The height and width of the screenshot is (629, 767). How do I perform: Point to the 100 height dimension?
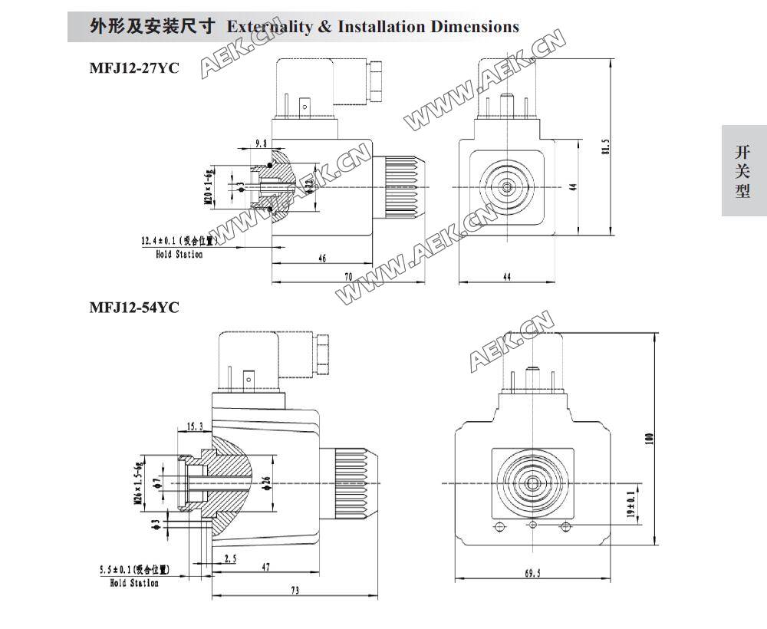click(x=650, y=439)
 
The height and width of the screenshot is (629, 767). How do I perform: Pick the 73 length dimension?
click(x=295, y=590)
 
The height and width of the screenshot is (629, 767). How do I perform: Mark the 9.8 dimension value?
click(x=260, y=143)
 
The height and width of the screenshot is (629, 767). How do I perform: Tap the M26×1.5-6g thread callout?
click(x=140, y=482)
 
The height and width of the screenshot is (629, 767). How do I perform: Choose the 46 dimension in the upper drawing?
click(x=322, y=259)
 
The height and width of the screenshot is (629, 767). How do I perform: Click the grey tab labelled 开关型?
click(x=743, y=170)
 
